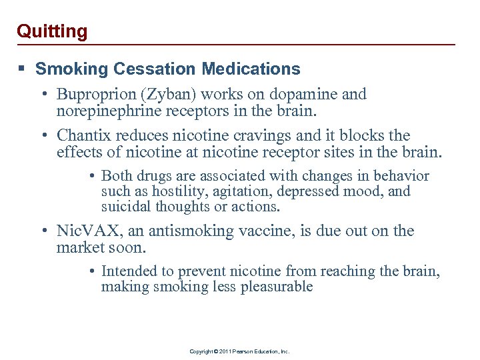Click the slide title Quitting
pos(52,31)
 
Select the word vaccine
pos(263,232)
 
